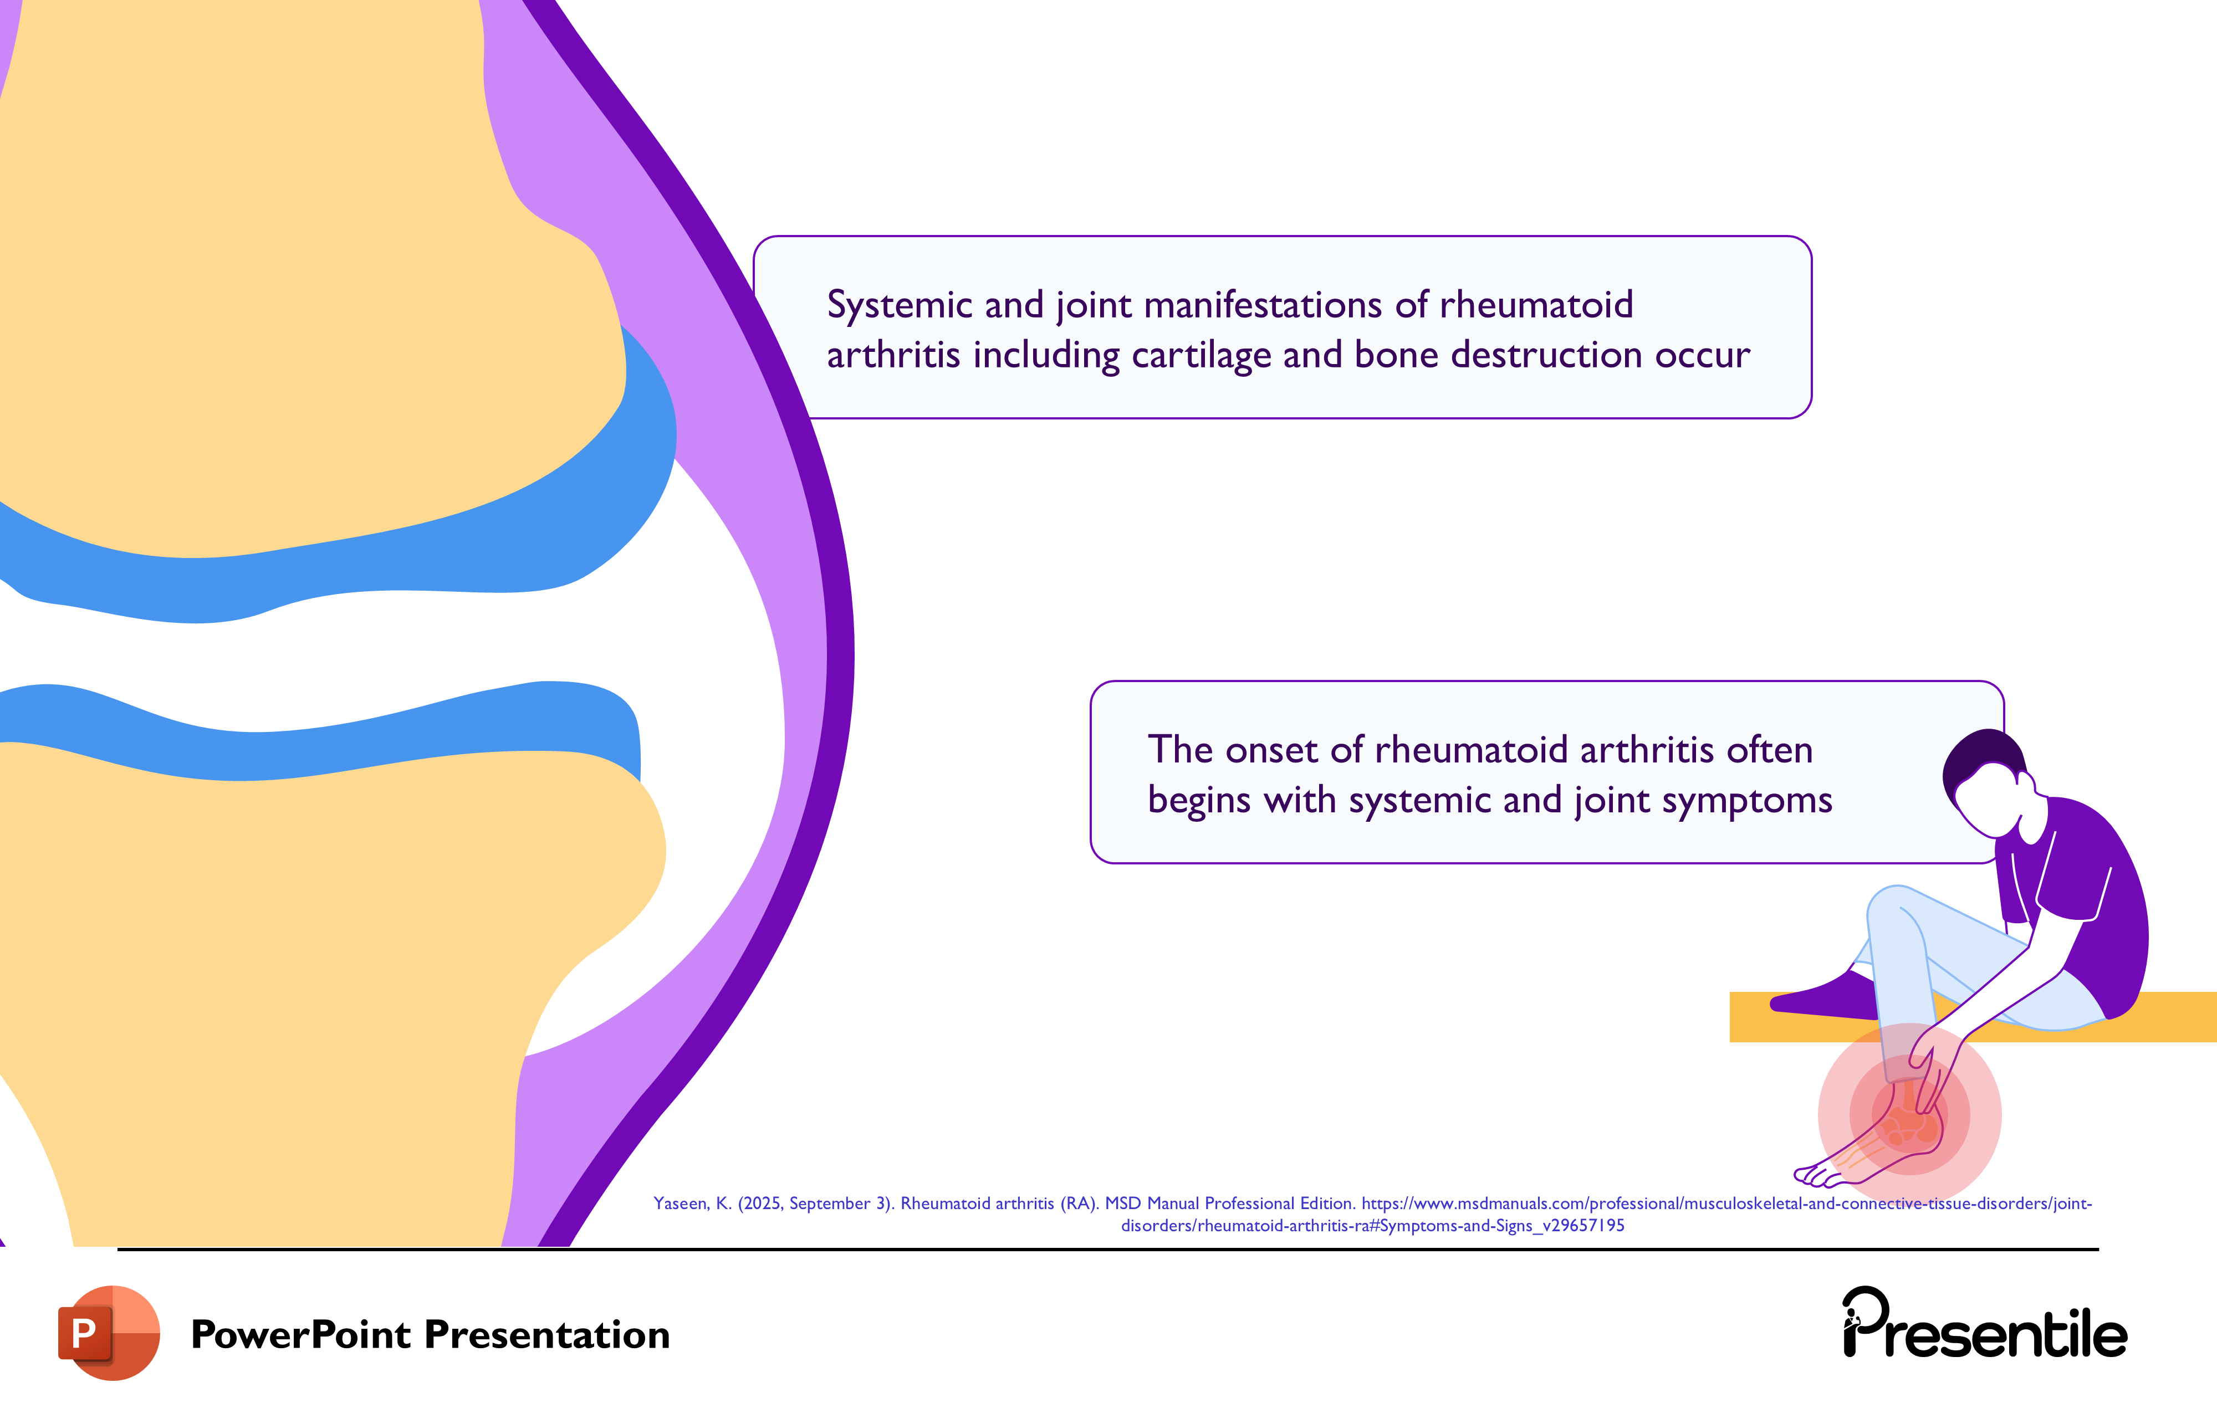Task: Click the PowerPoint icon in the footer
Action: click(x=109, y=1332)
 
